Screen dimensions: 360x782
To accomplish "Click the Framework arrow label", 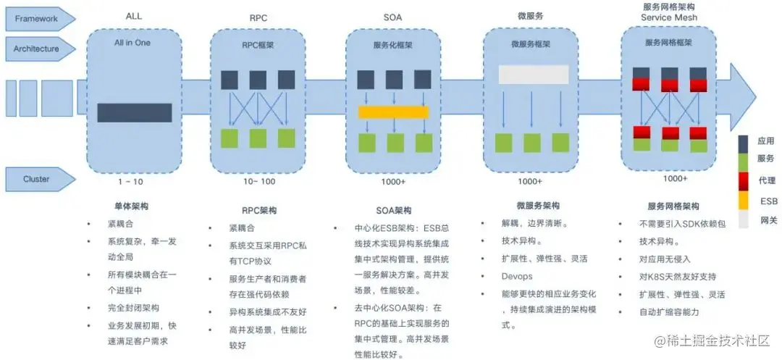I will click(36, 19).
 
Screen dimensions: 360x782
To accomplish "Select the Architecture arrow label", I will click(36, 49).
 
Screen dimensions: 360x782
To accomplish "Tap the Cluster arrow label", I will click(36, 179).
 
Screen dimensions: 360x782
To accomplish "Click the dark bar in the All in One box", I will click(134, 112).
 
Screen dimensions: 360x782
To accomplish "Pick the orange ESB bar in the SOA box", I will click(393, 112).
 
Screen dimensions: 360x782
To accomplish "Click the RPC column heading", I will click(258, 17).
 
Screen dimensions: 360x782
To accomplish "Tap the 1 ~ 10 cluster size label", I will click(130, 181).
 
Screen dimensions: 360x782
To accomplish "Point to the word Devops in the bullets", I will click(517, 276).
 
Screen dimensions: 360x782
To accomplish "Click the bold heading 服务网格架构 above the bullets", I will click(673, 206).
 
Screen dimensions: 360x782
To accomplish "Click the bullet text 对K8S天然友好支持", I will click(677, 276).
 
